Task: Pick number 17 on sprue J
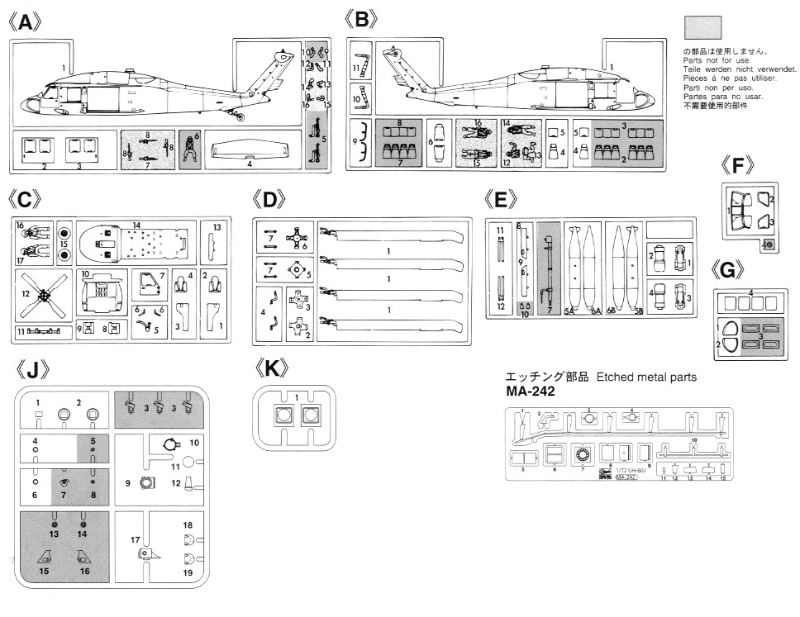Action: coord(133,540)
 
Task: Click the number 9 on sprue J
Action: coord(127,482)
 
